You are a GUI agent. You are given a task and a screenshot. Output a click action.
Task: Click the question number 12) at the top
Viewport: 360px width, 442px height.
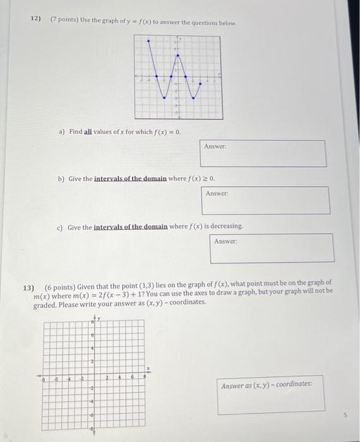pyautogui.click(x=36, y=20)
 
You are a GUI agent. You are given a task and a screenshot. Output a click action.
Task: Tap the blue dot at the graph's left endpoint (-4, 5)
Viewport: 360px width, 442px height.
pyautogui.click(x=148, y=41)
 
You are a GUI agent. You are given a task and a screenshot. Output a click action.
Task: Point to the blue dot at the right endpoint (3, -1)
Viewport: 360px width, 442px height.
pyautogui.click(x=201, y=83)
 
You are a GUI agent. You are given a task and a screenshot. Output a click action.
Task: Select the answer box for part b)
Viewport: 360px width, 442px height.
pyautogui.click(x=265, y=200)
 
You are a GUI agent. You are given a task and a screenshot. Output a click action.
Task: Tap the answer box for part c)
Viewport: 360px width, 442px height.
pyautogui.click(x=272, y=248)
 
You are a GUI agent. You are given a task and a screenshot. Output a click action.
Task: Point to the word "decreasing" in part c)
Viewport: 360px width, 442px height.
pyautogui.click(x=224, y=226)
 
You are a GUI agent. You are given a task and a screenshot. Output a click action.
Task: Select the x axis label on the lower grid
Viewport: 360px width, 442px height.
pyautogui.click(x=149, y=369)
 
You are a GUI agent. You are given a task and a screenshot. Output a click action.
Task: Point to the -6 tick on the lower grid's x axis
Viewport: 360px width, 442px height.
pyautogui.click(x=56, y=378)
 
